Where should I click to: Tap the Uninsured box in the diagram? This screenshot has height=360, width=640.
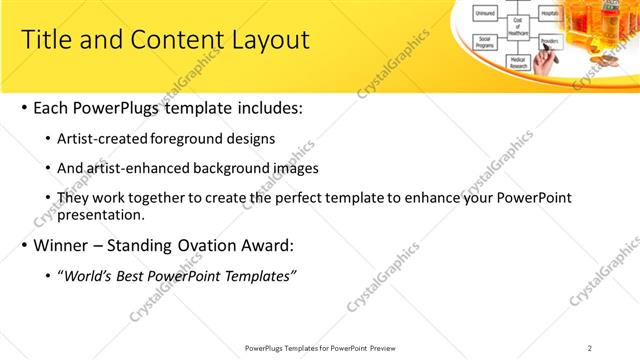click(x=486, y=13)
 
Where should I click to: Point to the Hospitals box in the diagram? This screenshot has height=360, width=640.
click(x=549, y=13)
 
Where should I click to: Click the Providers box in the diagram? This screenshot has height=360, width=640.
click(x=549, y=41)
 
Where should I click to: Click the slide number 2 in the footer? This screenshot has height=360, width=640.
click(x=589, y=348)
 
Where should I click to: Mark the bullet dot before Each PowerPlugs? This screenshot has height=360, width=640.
click(x=22, y=108)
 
